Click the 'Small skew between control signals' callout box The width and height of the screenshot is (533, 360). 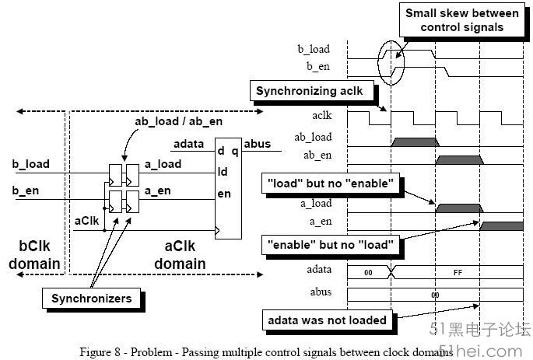tap(462, 19)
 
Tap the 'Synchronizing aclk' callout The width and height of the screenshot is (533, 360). tap(312, 91)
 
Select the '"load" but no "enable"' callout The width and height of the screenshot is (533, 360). tap(331, 183)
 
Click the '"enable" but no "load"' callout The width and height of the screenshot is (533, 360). tap(331, 245)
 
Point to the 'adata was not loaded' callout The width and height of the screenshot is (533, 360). tap(328, 320)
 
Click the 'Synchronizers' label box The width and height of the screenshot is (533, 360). tap(92, 299)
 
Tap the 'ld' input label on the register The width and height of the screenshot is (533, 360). tap(223, 172)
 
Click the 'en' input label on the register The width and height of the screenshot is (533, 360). tap(224, 194)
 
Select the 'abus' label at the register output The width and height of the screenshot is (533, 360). tap(258, 144)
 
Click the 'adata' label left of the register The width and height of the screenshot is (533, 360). tap(188, 144)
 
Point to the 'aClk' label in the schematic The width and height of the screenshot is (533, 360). tap(86, 221)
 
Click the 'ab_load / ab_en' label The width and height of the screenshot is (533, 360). tap(179, 121)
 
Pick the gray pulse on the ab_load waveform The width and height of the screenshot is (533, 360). tap(415, 142)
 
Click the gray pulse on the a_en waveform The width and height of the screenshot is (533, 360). tap(501, 226)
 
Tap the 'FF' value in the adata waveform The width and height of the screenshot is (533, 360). tap(458, 273)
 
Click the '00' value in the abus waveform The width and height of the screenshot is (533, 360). tap(435, 295)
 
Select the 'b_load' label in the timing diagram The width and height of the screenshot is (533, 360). tap(314, 49)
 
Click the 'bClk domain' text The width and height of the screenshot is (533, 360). tap(34, 255)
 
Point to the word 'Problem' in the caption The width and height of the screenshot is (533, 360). tap(151, 352)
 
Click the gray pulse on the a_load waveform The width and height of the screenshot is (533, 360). tap(459, 208)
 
